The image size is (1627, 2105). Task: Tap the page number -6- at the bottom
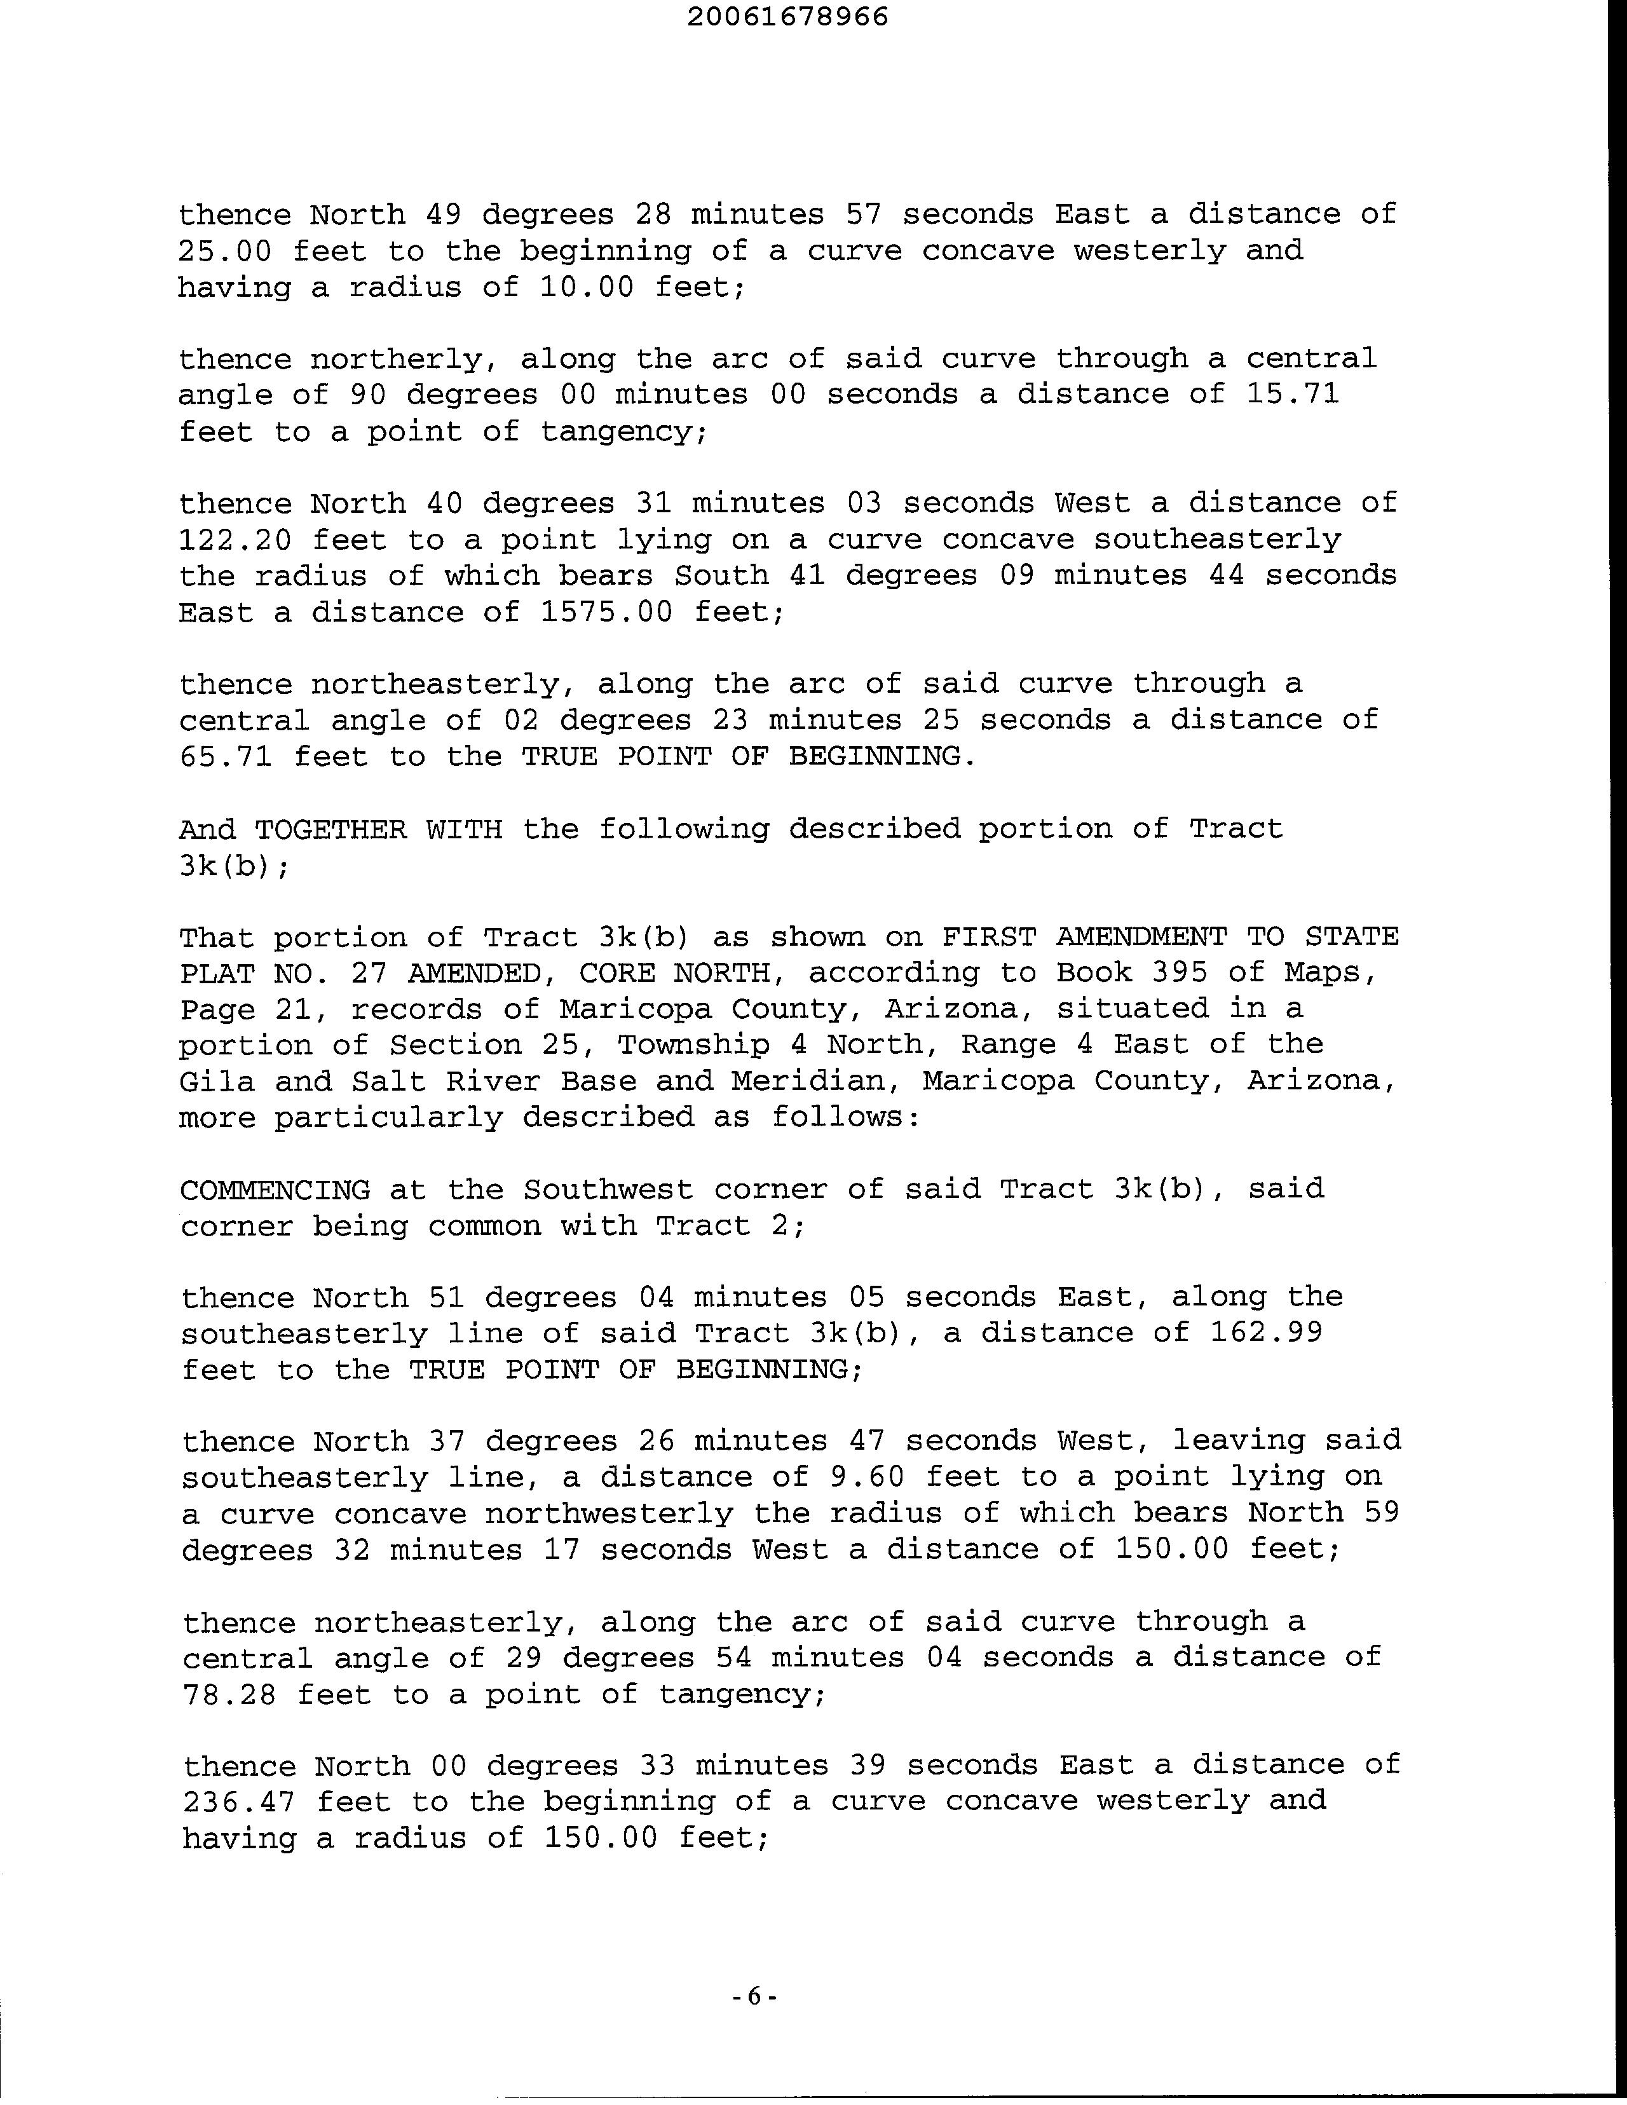(x=754, y=1997)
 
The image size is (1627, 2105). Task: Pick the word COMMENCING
(x=275, y=1190)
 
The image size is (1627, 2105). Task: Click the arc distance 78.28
(x=228, y=1694)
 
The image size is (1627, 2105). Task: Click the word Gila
(x=217, y=1081)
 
